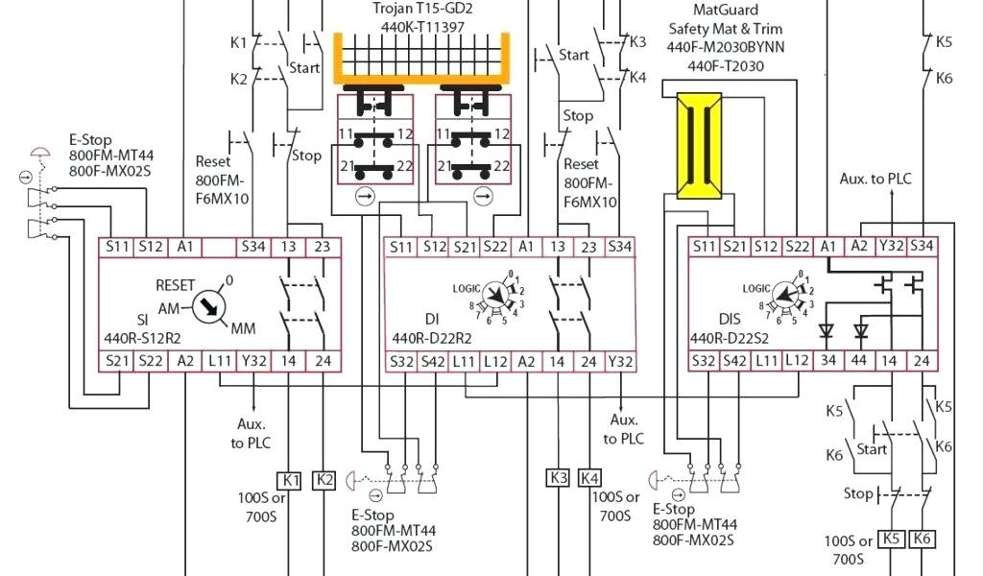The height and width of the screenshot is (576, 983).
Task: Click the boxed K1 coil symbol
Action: click(290, 479)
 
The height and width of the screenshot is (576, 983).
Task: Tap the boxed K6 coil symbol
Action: click(923, 540)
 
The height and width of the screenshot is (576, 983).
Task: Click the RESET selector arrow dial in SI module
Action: click(207, 308)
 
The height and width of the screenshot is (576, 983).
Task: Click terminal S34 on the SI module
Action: click(254, 247)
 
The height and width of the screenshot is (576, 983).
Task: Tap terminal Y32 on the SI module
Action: click(254, 361)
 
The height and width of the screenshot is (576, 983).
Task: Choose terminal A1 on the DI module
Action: click(527, 247)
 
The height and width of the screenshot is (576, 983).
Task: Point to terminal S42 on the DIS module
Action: click(735, 361)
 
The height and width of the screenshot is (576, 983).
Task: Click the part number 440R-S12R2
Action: click(143, 339)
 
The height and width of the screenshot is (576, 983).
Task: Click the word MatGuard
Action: click(726, 11)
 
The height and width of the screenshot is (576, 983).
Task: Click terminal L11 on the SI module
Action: click(221, 361)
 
